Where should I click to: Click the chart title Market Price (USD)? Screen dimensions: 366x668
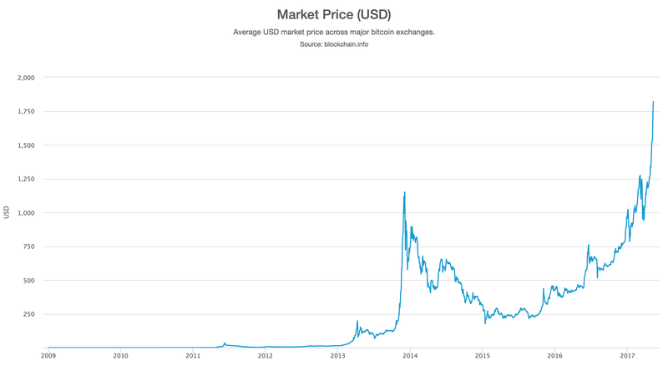pos(334,14)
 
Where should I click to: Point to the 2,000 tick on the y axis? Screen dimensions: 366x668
pos(26,77)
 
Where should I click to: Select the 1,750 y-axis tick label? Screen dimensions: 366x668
pos(26,111)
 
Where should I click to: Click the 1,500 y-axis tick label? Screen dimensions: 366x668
pos(26,145)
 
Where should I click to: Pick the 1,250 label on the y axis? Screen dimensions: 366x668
pos(26,179)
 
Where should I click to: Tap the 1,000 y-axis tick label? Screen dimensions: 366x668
pos(26,212)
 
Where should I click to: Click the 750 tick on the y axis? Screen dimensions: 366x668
pos(29,247)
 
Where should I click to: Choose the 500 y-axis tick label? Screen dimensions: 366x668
pos(29,280)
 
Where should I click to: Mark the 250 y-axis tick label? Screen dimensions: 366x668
pos(29,314)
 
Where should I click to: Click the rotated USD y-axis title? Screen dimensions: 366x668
pos(7,212)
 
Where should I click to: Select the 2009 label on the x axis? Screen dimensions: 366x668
pos(48,355)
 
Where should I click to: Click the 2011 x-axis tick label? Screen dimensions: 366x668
pos(193,355)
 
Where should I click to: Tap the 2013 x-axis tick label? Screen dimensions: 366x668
pos(337,355)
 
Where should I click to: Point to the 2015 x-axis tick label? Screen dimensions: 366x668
pos(482,355)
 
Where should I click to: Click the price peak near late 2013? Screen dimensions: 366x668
pos(405,192)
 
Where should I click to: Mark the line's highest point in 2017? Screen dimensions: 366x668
pos(653,102)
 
